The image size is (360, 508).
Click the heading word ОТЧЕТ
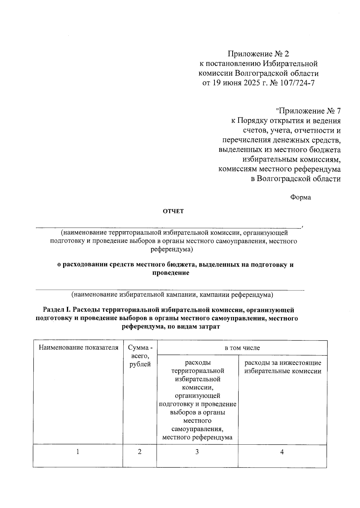click(x=173, y=211)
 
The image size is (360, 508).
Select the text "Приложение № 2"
click(x=258, y=54)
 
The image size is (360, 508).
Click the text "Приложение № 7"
click(x=308, y=111)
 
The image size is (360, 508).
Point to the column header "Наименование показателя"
click(x=79, y=348)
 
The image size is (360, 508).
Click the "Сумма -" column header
click(x=140, y=348)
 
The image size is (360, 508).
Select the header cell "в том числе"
click(x=242, y=348)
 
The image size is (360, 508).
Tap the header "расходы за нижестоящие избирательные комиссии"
click(x=283, y=367)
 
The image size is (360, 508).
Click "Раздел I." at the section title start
click(x=57, y=310)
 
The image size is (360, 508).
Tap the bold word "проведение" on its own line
click(x=171, y=273)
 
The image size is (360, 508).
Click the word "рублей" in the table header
click(x=140, y=364)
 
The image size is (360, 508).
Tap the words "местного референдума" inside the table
click(x=197, y=437)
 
